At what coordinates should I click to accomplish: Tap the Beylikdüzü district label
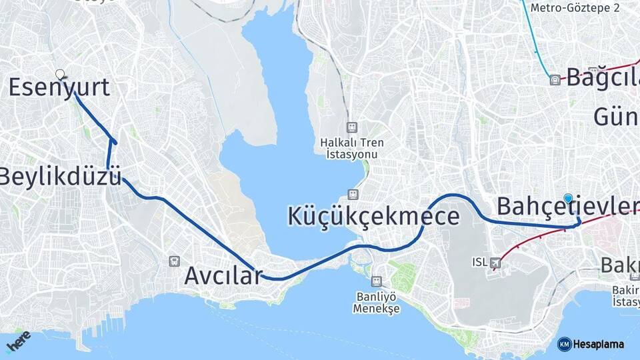click(x=60, y=177)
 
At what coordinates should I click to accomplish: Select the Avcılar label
click(x=223, y=275)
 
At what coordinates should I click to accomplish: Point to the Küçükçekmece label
click(x=373, y=217)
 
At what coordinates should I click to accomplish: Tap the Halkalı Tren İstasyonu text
click(x=351, y=148)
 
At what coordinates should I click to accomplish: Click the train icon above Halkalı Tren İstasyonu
click(x=351, y=127)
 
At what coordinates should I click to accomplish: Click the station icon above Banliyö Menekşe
click(x=377, y=282)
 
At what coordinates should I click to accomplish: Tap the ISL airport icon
click(x=495, y=263)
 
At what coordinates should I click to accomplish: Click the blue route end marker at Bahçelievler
click(x=568, y=198)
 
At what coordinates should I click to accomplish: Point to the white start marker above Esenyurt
click(x=60, y=74)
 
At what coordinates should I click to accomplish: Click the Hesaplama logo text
click(x=599, y=344)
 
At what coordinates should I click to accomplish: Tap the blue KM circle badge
click(x=565, y=344)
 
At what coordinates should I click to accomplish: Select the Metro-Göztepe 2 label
click(x=575, y=8)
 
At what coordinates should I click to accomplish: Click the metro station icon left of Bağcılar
click(x=555, y=80)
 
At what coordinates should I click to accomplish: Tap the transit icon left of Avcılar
click(x=175, y=261)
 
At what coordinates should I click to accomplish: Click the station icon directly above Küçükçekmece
click(x=351, y=195)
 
